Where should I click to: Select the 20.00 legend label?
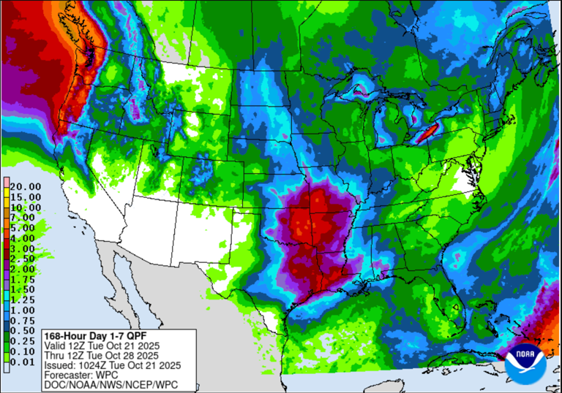[x=25, y=186]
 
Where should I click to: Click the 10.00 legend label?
[x=25, y=207]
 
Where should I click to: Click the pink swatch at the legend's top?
[x=6, y=182]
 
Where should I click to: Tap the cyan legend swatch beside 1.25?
[x=6, y=299]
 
